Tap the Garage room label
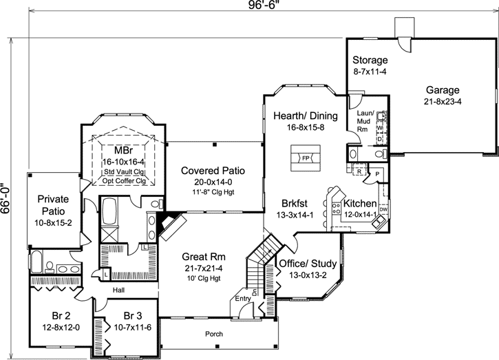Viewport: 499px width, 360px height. click(443, 90)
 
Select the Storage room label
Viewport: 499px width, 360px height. click(370, 61)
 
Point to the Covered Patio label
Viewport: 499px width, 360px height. click(213, 170)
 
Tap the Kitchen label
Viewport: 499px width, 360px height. click(359, 204)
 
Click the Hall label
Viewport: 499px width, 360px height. click(120, 290)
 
